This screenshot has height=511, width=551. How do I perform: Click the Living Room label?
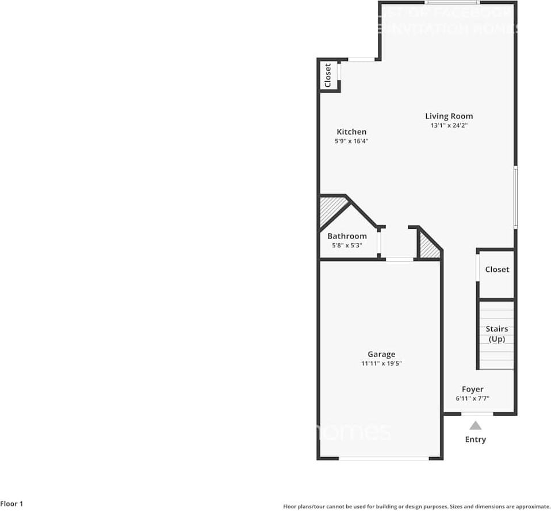449,116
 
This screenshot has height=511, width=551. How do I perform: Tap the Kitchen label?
351,132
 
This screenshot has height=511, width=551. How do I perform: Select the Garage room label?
381,354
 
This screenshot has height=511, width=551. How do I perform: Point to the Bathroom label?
347,236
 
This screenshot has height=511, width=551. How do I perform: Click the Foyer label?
472,389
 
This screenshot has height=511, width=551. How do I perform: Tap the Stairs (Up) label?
497,334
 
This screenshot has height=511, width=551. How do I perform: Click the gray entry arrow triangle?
475,426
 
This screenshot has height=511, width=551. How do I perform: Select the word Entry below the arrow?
475,440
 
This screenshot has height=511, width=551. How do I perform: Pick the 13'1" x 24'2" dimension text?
449,125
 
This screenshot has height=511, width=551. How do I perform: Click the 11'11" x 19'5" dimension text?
381,363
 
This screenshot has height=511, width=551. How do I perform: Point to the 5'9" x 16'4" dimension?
351,141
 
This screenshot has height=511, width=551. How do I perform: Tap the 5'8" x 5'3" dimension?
347,245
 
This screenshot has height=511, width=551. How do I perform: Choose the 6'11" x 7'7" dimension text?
472,398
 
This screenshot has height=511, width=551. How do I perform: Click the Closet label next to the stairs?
497,269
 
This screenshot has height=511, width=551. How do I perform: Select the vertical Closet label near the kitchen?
328,75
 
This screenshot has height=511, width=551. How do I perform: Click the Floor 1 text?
12,504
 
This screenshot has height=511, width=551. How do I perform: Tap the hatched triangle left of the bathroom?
330,209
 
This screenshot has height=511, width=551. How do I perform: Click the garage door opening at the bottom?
383,458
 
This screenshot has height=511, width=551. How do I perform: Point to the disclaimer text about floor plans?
416,506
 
